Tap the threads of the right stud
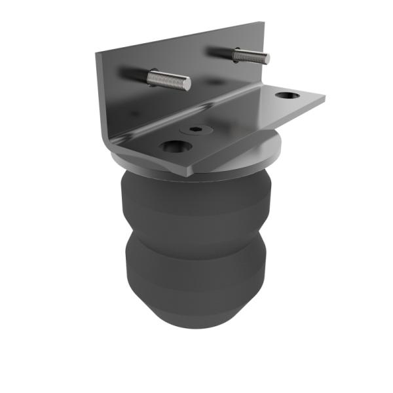250,56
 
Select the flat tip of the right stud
266,58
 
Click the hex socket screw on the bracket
195,130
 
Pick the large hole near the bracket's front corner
174,147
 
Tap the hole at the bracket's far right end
287,96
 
